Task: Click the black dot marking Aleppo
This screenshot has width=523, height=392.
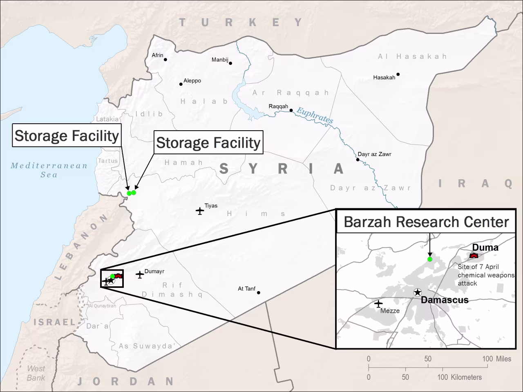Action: [x=181, y=84]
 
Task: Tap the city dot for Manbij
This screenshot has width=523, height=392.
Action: [x=230, y=63]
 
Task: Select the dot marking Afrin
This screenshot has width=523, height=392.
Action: [x=165, y=60]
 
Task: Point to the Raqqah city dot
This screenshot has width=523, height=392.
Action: [x=291, y=110]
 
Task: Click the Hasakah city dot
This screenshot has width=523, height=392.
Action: [x=398, y=74]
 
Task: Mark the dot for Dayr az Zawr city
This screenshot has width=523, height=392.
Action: [x=358, y=160]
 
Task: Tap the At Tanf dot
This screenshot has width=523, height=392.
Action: [x=259, y=292]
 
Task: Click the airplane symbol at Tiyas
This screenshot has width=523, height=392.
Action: [x=200, y=211]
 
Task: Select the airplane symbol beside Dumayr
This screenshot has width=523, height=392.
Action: [x=140, y=275]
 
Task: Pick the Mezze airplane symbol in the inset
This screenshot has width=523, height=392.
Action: [x=378, y=304]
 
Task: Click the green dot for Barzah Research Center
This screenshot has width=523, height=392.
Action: [x=429, y=259]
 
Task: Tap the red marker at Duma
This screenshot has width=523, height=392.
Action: [x=474, y=256]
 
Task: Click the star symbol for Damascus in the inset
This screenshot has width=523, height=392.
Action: [x=417, y=292]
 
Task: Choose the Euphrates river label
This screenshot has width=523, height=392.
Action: [x=315, y=116]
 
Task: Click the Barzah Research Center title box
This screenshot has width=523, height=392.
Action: [x=426, y=222]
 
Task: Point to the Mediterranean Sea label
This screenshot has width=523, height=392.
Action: [x=49, y=170]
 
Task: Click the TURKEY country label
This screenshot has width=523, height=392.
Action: [x=241, y=22]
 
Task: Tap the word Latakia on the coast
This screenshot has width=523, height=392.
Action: [x=107, y=119]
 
